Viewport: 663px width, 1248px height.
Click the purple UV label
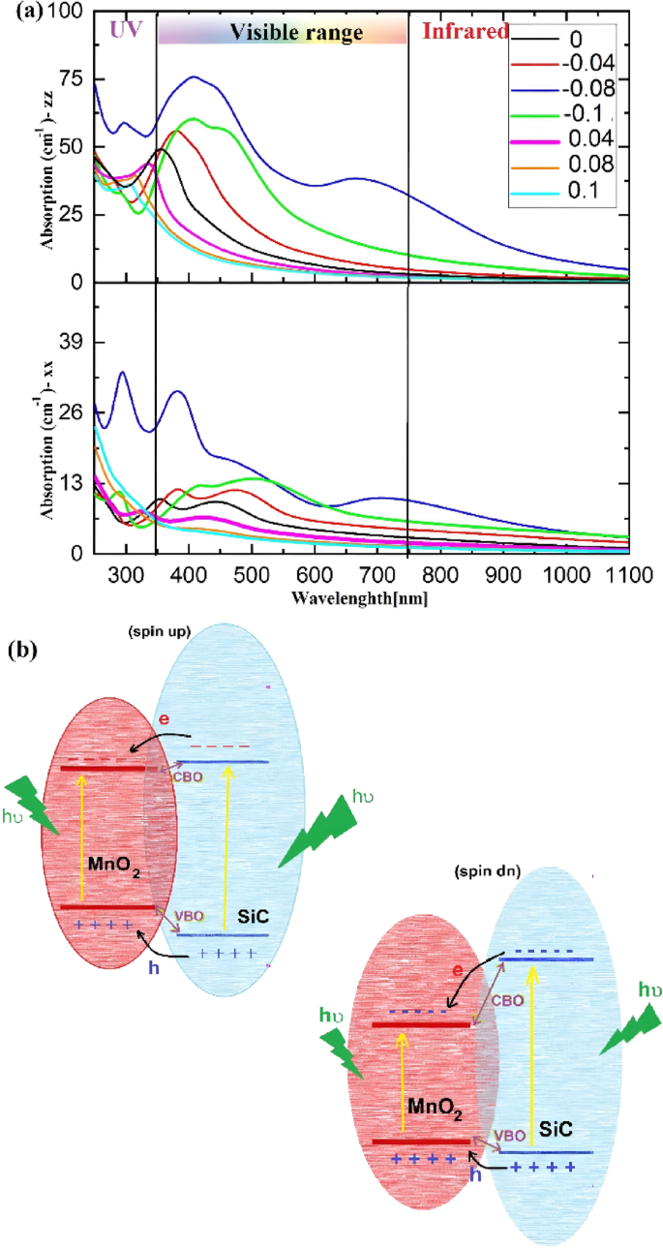[x=126, y=30]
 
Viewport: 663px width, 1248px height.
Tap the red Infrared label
[x=467, y=31]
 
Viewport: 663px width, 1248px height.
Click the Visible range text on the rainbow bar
[x=295, y=33]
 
